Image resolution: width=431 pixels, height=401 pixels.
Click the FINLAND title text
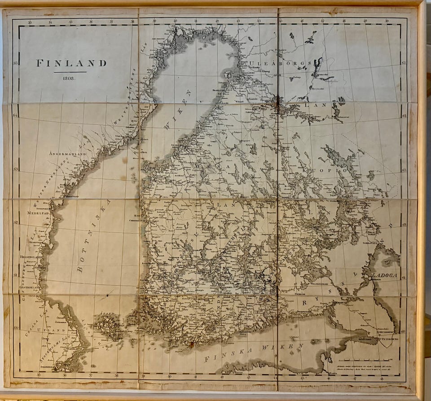[x=71, y=63]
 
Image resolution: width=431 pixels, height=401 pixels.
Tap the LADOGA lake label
[x=384, y=275]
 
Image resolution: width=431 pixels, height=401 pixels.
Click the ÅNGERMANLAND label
[x=67, y=154]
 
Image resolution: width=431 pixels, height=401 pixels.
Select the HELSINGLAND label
[x=32, y=256]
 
